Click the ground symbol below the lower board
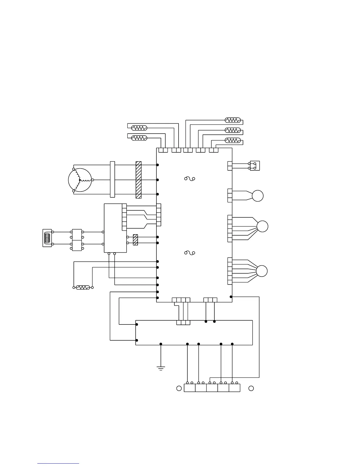coord(161,368)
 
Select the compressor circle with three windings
coord(80,180)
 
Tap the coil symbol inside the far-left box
coord(47,238)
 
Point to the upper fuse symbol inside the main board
coord(190,178)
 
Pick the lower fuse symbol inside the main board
coord(190,253)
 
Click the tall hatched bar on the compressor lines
coord(139,180)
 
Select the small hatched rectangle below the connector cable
coord(135,240)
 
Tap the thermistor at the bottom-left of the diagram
coord(83,287)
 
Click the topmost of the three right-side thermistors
coord(233,120)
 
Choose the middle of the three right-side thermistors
coord(233,130)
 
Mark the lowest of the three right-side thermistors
coord(233,140)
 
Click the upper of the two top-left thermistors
coord(139,128)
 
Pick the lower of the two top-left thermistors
coord(139,138)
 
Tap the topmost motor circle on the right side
coord(258,196)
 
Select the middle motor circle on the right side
coord(262,227)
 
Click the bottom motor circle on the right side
coord(262,271)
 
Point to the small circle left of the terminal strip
coord(179,388)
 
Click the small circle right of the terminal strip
coord(251,388)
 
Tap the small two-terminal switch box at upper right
coord(255,166)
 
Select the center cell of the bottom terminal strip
coord(212,388)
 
